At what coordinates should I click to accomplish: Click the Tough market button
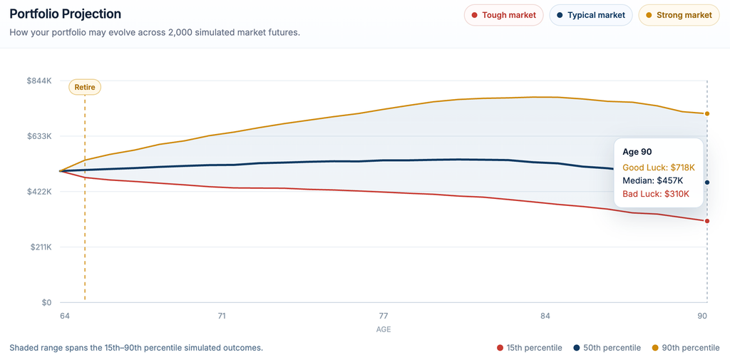pos(504,15)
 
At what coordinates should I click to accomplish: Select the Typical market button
pos(591,15)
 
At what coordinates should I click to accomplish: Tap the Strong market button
pos(679,15)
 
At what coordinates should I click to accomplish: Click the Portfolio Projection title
pos(65,14)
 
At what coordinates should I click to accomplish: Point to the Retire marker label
pos(85,87)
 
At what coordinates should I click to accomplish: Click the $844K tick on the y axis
pos(40,81)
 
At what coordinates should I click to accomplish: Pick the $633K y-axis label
pos(40,136)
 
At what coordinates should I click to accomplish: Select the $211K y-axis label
pos(40,247)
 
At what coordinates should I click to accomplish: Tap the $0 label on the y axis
pos(46,303)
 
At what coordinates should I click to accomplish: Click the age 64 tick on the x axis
pos(65,316)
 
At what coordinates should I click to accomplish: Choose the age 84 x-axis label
pos(545,316)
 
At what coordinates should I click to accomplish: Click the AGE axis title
pos(384,330)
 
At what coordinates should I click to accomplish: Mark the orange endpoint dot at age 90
pos(707,113)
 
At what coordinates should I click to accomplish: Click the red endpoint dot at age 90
pos(707,221)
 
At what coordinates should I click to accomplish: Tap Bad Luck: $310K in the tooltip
pos(656,194)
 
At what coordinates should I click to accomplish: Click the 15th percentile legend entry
pos(530,348)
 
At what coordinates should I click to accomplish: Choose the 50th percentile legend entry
pos(607,348)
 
